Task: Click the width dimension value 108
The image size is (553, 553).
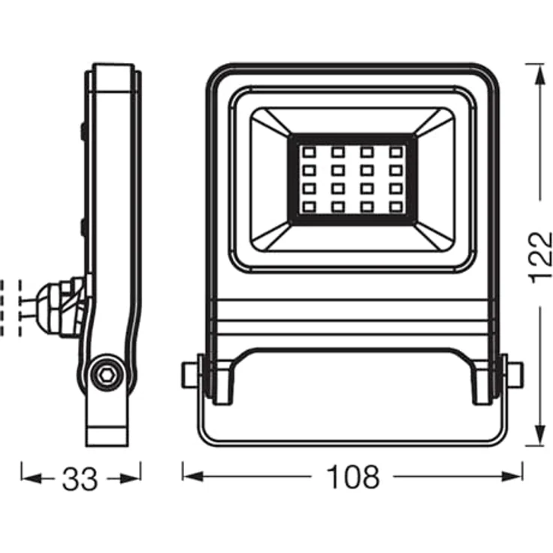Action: click(352, 477)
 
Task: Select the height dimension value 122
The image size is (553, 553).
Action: click(540, 256)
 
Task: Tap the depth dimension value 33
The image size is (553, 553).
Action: click(80, 479)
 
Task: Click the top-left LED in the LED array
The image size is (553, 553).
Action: click(309, 153)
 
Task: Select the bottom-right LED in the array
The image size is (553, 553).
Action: click(394, 206)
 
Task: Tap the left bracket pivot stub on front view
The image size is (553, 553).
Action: click(192, 374)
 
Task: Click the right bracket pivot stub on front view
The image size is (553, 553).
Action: click(512, 374)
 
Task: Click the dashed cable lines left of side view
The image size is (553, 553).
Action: click(11, 308)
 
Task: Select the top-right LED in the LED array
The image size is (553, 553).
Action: click(394, 153)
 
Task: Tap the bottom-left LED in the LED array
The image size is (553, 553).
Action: click(309, 206)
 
